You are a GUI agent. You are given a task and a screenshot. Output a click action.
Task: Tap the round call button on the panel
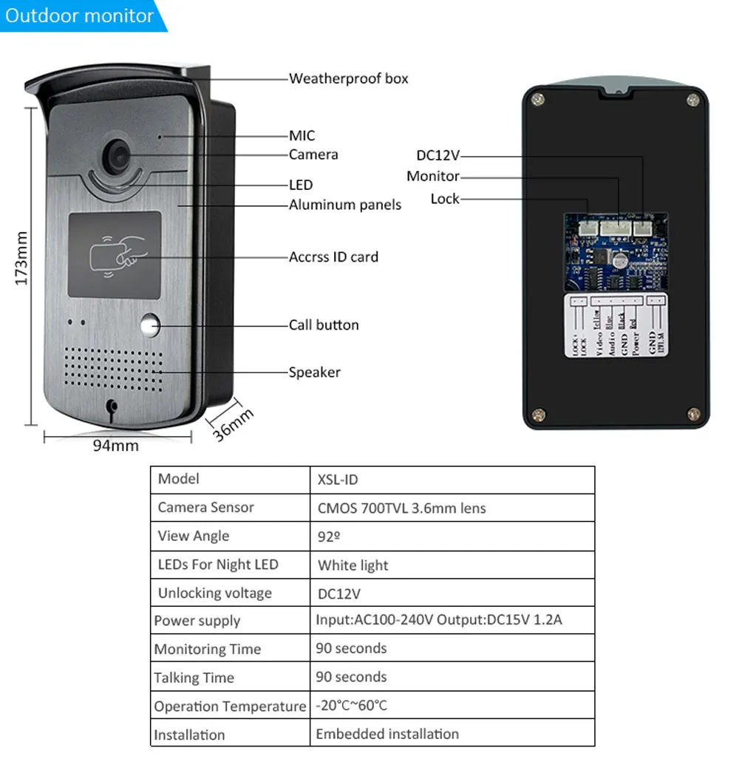(x=151, y=326)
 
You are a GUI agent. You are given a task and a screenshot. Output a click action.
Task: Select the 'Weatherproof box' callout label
(x=348, y=78)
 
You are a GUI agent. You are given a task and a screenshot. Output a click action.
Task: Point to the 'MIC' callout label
(x=302, y=135)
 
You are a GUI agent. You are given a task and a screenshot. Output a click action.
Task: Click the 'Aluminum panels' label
(x=344, y=205)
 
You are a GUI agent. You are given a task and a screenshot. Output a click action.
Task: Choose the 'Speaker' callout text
(x=314, y=372)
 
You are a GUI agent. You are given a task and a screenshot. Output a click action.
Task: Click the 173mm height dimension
(x=21, y=258)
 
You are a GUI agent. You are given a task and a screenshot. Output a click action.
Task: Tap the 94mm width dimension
(x=115, y=446)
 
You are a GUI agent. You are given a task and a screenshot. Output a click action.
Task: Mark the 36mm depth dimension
(x=234, y=423)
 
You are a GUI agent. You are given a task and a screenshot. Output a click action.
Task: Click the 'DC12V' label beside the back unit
(x=437, y=155)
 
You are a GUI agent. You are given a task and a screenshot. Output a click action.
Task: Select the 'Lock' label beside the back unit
(x=445, y=199)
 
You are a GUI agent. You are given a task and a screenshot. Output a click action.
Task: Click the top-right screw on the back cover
(x=692, y=100)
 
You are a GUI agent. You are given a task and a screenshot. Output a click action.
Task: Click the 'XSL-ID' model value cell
(x=338, y=480)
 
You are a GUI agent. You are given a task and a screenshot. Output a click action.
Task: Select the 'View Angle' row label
(x=194, y=536)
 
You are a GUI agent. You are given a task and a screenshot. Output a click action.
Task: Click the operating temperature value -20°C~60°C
(x=351, y=706)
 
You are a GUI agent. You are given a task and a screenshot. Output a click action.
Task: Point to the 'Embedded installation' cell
(x=387, y=734)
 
